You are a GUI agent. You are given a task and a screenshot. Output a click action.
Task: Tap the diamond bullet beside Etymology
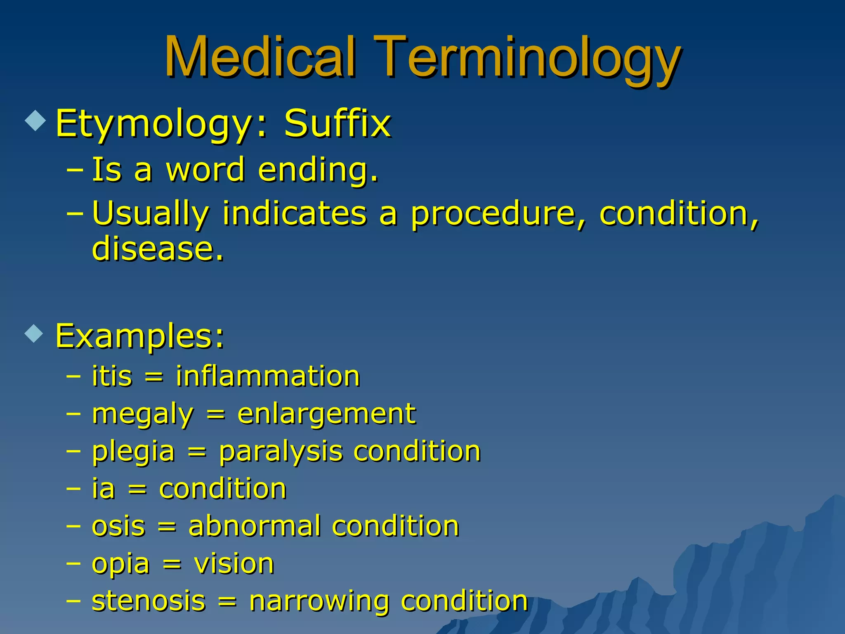[x=35, y=121]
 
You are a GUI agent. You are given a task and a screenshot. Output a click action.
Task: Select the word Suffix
[x=337, y=123]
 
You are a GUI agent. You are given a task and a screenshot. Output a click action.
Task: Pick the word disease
[x=157, y=249]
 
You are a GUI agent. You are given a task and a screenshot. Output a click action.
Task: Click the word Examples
[x=139, y=336]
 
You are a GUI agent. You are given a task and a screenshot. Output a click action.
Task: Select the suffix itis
[x=112, y=376]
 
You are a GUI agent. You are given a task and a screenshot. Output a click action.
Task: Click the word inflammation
[x=268, y=376]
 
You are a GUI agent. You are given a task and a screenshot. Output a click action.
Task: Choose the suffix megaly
[x=142, y=414]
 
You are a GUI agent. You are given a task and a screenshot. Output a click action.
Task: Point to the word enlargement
[x=326, y=414]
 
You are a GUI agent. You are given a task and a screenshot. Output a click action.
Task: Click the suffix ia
[x=103, y=489]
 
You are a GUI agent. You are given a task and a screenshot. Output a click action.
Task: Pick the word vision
[x=234, y=564]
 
